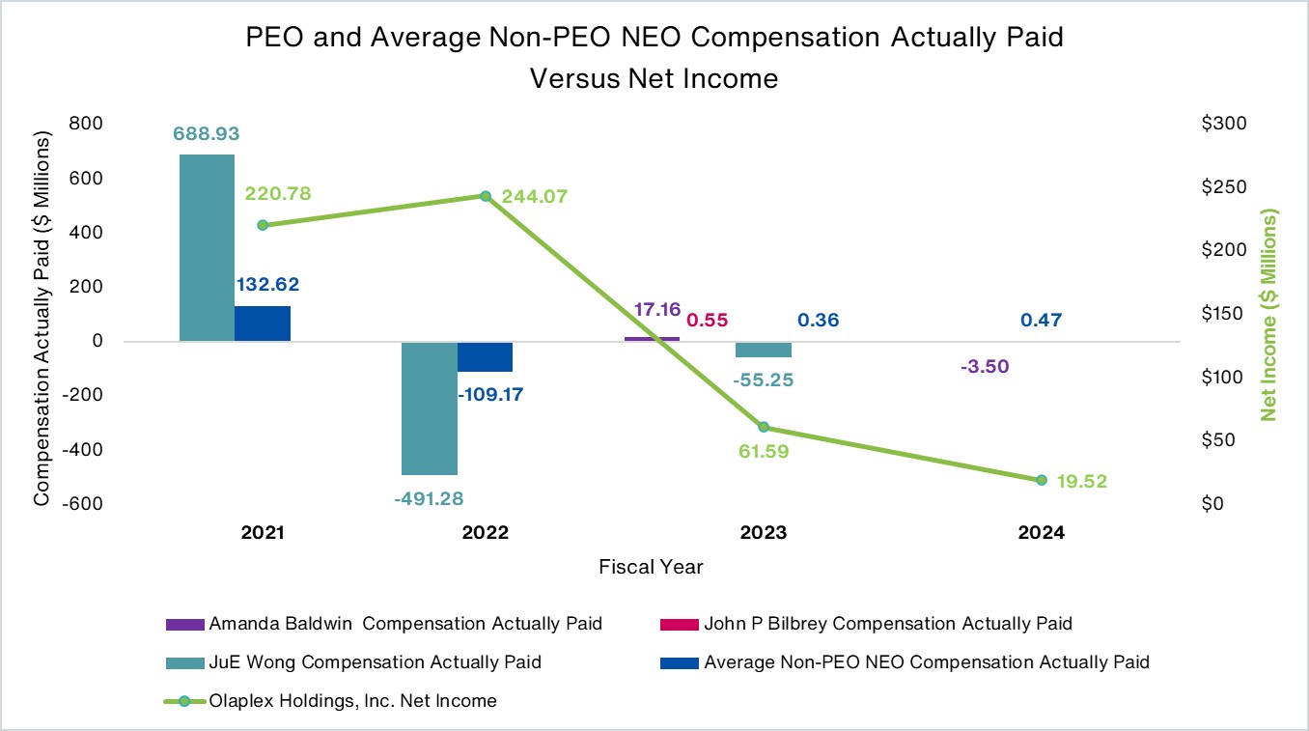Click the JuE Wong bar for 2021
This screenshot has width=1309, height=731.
click(x=207, y=247)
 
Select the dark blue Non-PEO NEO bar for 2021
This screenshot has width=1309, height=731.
click(x=263, y=323)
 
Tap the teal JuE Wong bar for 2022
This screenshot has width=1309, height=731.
click(x=430, y=408)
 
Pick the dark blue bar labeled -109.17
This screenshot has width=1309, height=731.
click(x=485, y=356)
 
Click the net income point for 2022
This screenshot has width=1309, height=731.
click(x=486, y=196)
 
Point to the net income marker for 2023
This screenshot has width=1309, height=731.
click(x=764, y=427)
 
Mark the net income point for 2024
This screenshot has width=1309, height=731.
click(x=1042, y=480)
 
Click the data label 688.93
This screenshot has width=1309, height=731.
click(x=206, y=133)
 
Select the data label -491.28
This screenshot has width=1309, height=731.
click(x=430, y=498)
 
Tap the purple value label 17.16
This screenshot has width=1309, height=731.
click(x=657, y=310)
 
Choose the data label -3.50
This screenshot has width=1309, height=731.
click(x=986, y=366)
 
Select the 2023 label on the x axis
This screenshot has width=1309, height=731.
click(x=763, y=533)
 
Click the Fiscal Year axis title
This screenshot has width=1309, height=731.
click(x=651, y=567)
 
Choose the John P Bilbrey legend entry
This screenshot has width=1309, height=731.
click(x=888, y=624)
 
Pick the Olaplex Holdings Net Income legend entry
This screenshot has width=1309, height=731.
click(x=352, y=701)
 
